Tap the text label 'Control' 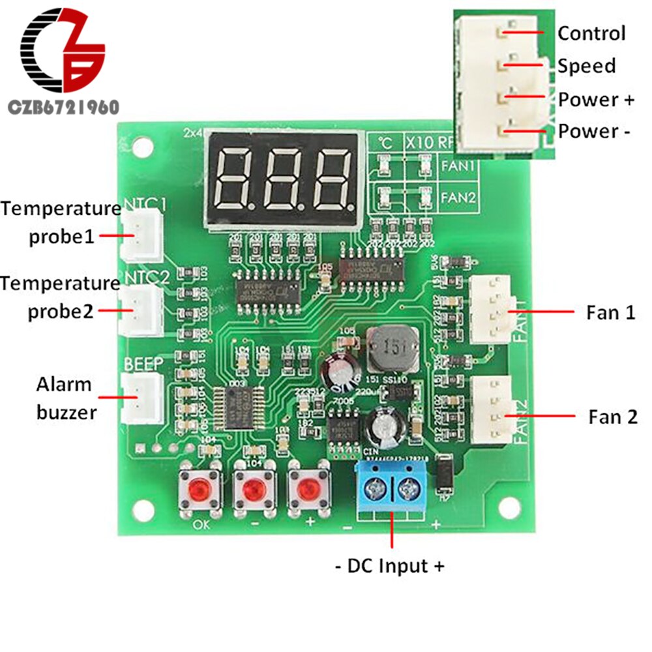tap(591, 33)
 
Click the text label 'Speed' tap(586, 66)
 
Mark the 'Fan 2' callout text tap(613, 417)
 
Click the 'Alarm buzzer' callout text tap(64, 398)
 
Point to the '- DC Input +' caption tap(390, 566)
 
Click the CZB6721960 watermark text tap(62, 107)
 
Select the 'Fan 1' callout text tap(611, 313)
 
